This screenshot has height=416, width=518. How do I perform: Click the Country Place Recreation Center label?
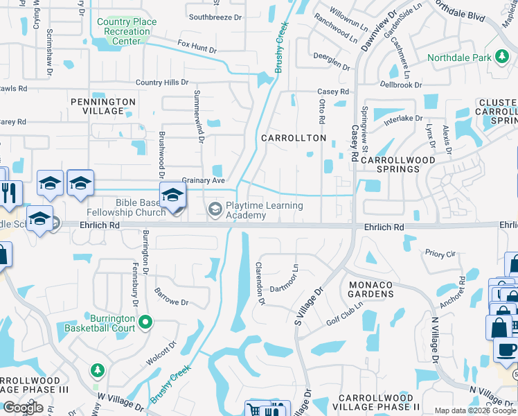(x=127, y=31)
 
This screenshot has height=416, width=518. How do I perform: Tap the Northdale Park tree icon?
(x=500, y=58)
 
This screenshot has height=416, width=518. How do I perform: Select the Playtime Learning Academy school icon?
(x=215, y=208)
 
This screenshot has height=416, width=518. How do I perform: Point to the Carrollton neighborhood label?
(x=294, y=138)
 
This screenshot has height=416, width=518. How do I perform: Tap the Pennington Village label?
(x=103, y=106)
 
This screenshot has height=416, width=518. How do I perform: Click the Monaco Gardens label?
(x=371, y=289)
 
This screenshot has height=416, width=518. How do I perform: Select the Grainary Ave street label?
(x=204, y=180)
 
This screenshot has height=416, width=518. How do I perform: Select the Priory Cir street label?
(x=440, y=254)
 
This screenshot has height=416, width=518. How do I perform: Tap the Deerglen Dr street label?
(x=331, y=62)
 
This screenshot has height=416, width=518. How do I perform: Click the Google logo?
(x=23, y=408)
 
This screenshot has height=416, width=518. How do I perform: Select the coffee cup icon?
(x=506, y=349)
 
